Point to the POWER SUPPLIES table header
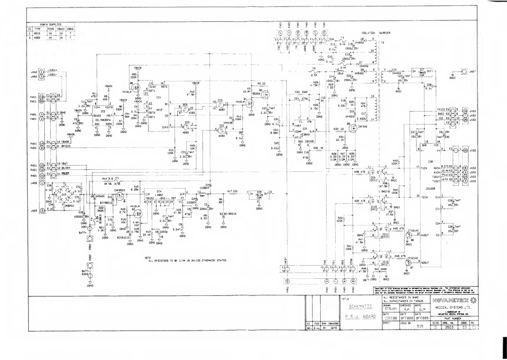tap(51, 25)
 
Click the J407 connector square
tap(464, 71)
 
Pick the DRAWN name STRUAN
tap(391, 309)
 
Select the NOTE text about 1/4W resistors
tap(187, 260)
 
